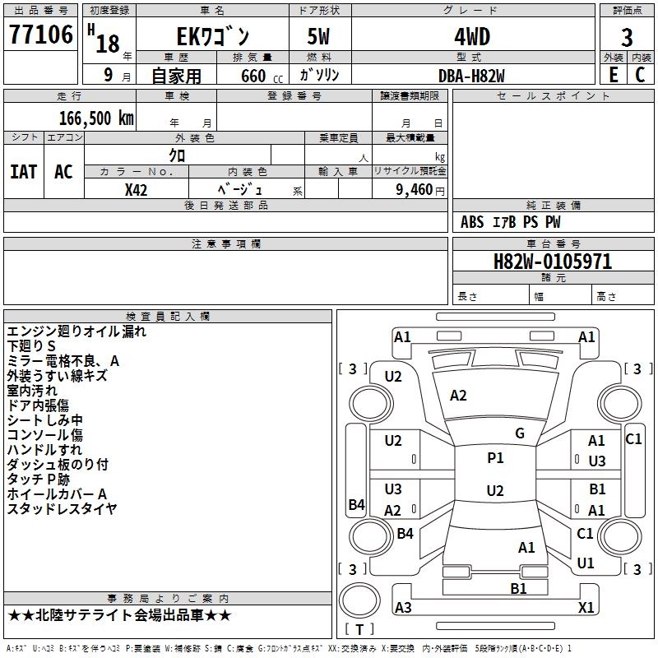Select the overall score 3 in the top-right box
click(627, 37)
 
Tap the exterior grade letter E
click(613, 74)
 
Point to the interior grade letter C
click(641, 74)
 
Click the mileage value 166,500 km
click(96, 118)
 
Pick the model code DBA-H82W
click(472, 75)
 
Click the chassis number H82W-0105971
click(553, 262)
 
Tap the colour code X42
click(137, 190)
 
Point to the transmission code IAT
click(23, 172)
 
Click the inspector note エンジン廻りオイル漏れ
click(76, 331)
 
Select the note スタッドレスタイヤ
click(62, 509)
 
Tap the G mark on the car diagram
click(520, 433)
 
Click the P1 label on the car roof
click(495, 458)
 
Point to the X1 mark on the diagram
click(586, 607)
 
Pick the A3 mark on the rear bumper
click(403, 607)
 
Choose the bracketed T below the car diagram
click(359, 629)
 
